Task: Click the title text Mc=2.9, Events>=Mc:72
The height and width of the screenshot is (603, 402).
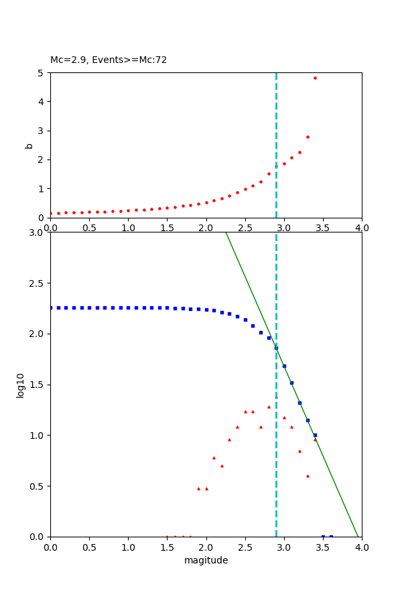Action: [109, 60]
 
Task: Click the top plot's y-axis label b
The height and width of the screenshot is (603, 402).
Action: [29, 145]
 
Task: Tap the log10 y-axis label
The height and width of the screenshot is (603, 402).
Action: [20, 385]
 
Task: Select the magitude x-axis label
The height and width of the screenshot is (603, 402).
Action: [206, 560]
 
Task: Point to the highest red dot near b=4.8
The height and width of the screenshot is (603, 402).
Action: [315, 78]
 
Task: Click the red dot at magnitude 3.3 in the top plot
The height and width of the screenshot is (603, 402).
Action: [308, 137]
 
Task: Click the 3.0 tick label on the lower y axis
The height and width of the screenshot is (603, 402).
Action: [38, 232]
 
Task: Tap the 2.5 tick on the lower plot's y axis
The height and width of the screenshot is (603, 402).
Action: [38, 283]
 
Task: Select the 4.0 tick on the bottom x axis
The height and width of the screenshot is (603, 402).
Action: [362, 547]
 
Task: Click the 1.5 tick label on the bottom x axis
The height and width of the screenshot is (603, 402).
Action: [167, 547]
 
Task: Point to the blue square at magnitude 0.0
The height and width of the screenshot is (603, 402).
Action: [51, 308]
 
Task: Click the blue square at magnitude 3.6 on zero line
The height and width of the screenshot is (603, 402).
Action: [331, 536]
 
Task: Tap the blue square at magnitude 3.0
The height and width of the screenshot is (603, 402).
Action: [284, 366]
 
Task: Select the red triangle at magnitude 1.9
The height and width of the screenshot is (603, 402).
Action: [198, 488]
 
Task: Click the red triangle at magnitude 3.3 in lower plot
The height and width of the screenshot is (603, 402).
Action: [308, 476]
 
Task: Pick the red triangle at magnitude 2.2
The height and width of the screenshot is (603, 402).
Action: [222, 466]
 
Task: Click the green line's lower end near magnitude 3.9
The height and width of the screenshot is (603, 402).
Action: [358, 535]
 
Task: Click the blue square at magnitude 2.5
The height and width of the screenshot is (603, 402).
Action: [245, 320]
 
